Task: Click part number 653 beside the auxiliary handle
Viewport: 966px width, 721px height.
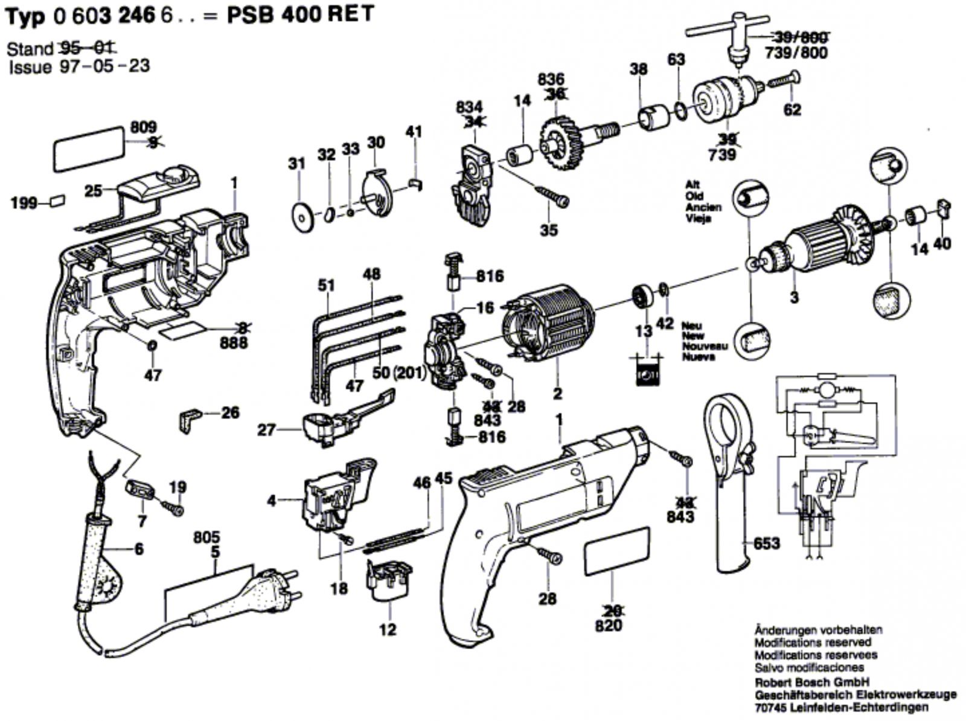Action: click(767, 543)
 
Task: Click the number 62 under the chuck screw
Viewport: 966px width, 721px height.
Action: click(792, 109)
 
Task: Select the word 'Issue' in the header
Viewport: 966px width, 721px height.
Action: click(30, 66)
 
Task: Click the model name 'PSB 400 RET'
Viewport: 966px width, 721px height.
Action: click(300, 14)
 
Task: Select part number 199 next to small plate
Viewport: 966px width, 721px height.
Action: click(24, 203)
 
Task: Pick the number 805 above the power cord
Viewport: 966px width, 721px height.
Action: click(206, 537)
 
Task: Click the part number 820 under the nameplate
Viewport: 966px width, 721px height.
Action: click(608, 626)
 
